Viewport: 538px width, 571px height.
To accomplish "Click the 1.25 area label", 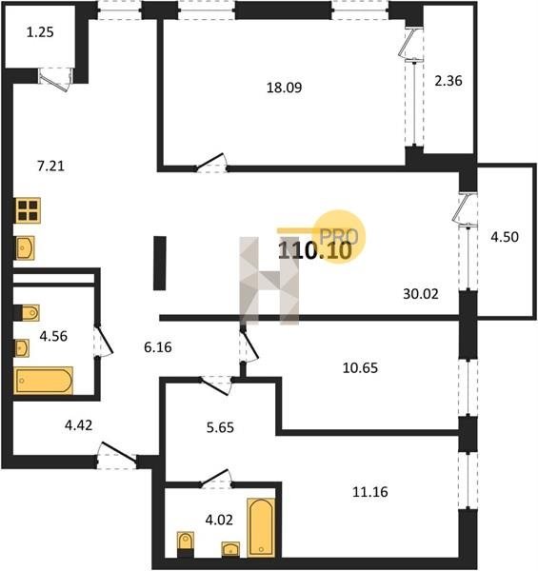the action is [x=40, y=32].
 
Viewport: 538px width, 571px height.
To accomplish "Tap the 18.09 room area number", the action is [x=284, y=88].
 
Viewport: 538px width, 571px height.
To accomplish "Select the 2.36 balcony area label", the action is [x=448, y=81].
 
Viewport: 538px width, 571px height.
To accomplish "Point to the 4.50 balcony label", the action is [x=505, y=237].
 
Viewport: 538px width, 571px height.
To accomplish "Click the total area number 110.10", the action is [x=315, y=250].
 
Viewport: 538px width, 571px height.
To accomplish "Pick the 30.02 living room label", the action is [x=421, y=293].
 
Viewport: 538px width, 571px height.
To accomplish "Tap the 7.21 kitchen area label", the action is [x=51, y=166].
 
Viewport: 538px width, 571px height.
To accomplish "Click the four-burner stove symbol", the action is [x=28, y=210].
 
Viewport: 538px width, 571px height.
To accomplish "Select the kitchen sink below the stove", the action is [x=25, y=248].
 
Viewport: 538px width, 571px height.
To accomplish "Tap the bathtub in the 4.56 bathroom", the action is [x=44, y=381].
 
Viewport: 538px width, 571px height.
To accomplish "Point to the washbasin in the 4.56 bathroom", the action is [x=22, y=348].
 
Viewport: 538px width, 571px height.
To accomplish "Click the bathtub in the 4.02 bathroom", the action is [x=261, y=527].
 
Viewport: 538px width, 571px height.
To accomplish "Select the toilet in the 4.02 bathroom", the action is [x=186, y=543].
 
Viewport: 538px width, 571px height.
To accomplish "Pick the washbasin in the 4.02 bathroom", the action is [x=230, y=548].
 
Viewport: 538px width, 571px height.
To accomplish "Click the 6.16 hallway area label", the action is [x=158, y=347].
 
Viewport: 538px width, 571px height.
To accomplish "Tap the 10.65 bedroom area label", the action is [x=360, y=368].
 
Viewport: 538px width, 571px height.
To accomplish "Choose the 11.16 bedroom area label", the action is [x=370, y=492].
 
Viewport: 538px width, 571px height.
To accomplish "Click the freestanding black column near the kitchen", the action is [x=160, y=263].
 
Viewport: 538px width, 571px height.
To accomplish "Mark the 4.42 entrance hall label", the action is [x=78, y=425].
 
